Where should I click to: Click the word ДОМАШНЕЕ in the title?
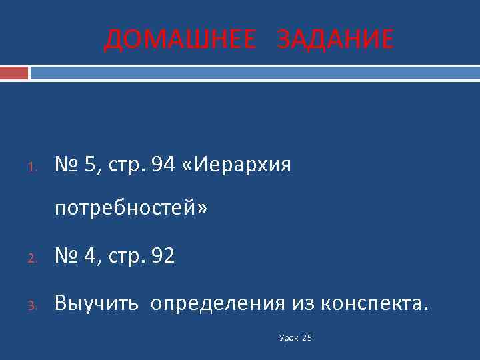pyautogui.click(x=179, y=40)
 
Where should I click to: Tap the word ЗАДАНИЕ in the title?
pyautogui.click(x=335, y=40)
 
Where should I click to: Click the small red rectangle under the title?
pyautogui.click(x=14, y=73)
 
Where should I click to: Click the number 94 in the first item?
pyautogui.click(x=163, y=165)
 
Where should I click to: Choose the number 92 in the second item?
pyautogui.click(x=163, y=256)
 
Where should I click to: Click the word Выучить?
pyautogui.click(x=97, y=305)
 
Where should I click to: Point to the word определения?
pyautogui.click(x=218, y=305)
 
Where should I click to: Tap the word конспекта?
pyautogui.click(x=371, y=305)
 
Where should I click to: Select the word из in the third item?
pyautogui.click(x=303, y=305)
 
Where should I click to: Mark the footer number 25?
pyautogui.click(x=307, y=338)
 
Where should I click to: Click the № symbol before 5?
pyautogui.click(x=67, y=165)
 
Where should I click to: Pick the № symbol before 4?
pyautogui.click(x=67, y=256)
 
